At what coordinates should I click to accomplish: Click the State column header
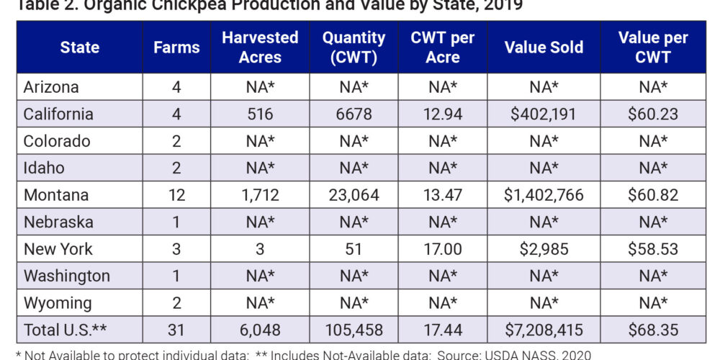click(79, 48)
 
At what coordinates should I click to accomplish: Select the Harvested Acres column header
click(260, 48)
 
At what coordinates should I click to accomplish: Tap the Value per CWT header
click(653, 48)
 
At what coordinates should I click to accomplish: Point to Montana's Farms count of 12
click(176, 195)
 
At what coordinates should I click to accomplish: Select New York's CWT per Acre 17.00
click(443, 249)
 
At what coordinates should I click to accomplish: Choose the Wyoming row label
click(58, 303)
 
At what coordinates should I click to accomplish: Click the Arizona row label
click(51, 88)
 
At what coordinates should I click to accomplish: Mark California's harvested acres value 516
click(260, 114)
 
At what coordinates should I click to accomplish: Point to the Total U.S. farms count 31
click(176, 330)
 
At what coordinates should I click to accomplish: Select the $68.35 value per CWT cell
click(653, 330)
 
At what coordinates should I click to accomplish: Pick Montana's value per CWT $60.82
click(653, 195)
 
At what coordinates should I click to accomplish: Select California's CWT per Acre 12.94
click(443, 114)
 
